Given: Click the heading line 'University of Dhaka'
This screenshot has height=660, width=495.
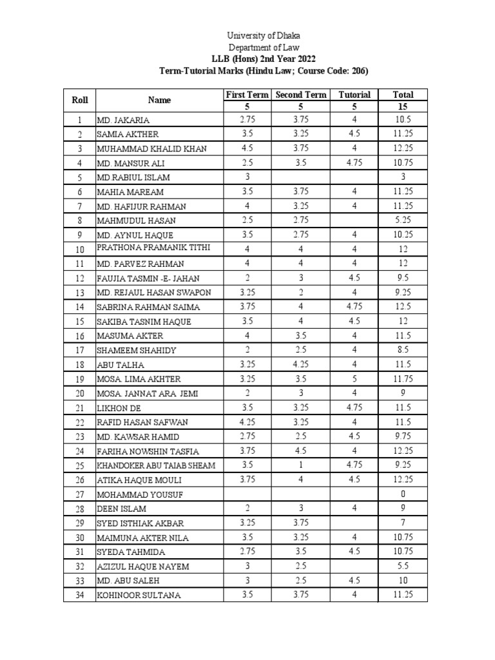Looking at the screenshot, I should point(264,36).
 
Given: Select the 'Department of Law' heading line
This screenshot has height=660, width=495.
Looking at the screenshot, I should point(264,48).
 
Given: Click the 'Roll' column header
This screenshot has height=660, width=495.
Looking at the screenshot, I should point(79,100).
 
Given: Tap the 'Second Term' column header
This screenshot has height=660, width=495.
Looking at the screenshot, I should point(301,94).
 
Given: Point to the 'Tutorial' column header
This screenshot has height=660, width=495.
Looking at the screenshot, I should point(354,94).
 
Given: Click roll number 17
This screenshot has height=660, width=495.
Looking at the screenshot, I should point(79,350).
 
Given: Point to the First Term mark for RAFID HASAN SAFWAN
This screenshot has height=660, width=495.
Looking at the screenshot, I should point(247,422).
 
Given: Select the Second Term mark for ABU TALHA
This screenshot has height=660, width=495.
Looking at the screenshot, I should point(301,365).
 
